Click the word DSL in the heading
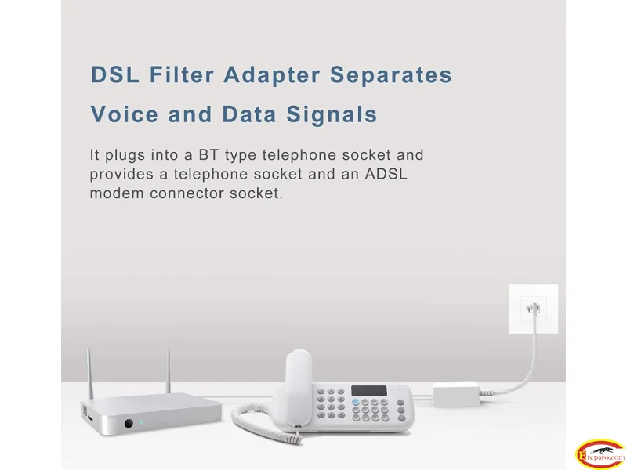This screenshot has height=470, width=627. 115,74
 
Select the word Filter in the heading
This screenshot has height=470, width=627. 182,74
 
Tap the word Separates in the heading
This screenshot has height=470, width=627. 390,74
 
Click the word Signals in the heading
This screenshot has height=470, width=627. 332,114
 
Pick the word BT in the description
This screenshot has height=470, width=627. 208,154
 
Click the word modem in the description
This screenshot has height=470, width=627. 116,193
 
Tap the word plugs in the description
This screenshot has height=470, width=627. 125,155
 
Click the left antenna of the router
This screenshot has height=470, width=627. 89,374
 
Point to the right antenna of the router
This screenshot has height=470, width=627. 169,371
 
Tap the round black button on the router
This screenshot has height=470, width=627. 129,423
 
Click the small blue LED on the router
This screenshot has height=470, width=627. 141,422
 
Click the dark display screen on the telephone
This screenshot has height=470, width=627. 369,391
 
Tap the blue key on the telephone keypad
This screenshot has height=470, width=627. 356,402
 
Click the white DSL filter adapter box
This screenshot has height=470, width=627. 456,395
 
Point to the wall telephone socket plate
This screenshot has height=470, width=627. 534,309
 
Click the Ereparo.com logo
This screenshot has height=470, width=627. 600,455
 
